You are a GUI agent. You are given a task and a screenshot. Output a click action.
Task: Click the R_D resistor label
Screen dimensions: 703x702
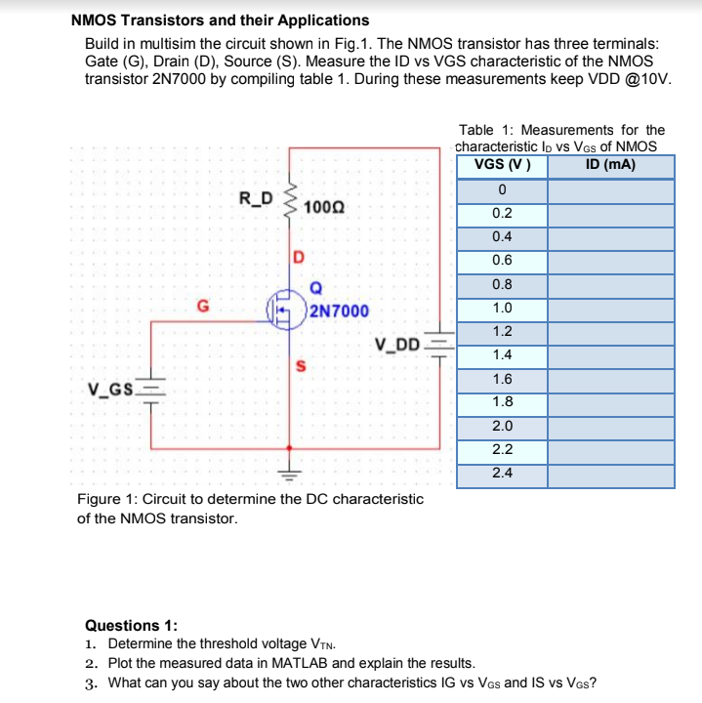tap(257, 199)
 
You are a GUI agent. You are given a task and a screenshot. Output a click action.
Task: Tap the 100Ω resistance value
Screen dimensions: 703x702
tap(323, 207)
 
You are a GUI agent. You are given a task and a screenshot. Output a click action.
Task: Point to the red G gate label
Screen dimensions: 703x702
tap(203, 306)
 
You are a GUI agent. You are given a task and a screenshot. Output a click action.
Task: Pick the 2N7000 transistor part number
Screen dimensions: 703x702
tap(339, 311)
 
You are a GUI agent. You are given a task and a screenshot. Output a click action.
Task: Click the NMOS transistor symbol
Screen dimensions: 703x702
tap(288, 311)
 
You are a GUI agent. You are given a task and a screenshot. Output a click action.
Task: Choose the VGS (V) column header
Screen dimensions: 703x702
tap(502, 164)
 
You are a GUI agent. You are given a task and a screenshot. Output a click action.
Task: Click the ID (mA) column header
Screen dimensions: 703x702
tap(610, 164)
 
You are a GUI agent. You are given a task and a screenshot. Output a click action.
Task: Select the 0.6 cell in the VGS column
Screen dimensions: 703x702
tap(502, 261)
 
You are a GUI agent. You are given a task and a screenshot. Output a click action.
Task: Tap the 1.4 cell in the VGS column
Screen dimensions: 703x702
tap(502, 355)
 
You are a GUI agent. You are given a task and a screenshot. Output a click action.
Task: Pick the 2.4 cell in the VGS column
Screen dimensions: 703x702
tap(502, 475)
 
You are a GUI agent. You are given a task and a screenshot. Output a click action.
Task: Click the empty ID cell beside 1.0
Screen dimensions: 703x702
tap(610, 309)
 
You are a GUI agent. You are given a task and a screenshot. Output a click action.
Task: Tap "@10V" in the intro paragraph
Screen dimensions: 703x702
tap(645, 79)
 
